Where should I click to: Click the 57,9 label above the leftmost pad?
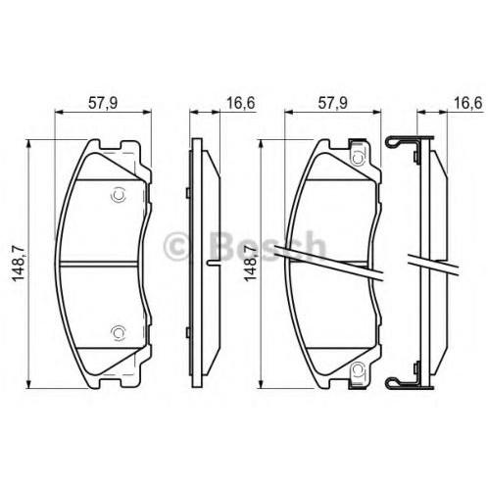[x=103, y=103]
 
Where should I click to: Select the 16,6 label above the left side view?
[x=241, y=103]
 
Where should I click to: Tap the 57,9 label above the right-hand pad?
[x=333, y=103]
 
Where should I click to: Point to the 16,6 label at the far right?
[x=468, y=103]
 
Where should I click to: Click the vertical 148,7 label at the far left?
[x=19, y=264]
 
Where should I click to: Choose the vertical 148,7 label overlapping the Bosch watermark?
[x=251, y=264]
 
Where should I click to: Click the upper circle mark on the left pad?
[x=118, y=195]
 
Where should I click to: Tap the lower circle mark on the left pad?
[x=118, y=332]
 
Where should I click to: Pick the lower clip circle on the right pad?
[x=358, y=369]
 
